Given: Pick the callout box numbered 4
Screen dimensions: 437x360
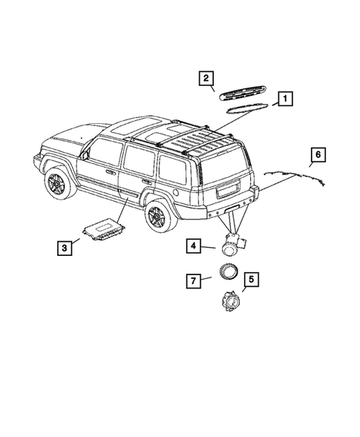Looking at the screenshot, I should [192, 245].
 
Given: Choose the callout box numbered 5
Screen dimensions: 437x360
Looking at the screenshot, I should [250, 280].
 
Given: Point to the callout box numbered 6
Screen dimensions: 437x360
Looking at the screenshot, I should [317, 155].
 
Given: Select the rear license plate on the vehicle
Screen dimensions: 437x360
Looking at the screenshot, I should [225, 189].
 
